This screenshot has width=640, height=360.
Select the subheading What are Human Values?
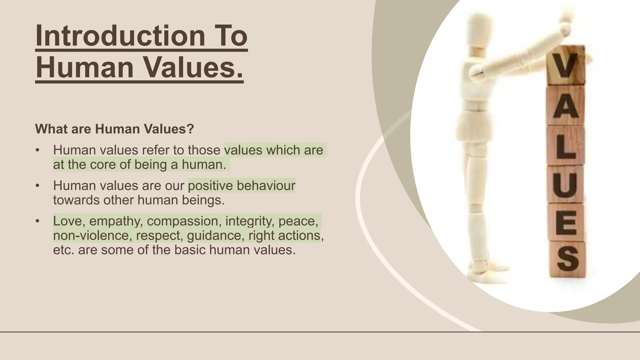click(x=114, y=129)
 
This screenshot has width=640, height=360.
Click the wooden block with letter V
click(x=566, y=65)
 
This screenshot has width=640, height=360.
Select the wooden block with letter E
click(x=567, y=222)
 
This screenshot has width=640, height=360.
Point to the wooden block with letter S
click(x=567, y=259)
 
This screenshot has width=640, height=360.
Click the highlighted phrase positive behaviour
click(x=241, y=186)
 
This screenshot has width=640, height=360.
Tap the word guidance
click(x=216, y=235)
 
